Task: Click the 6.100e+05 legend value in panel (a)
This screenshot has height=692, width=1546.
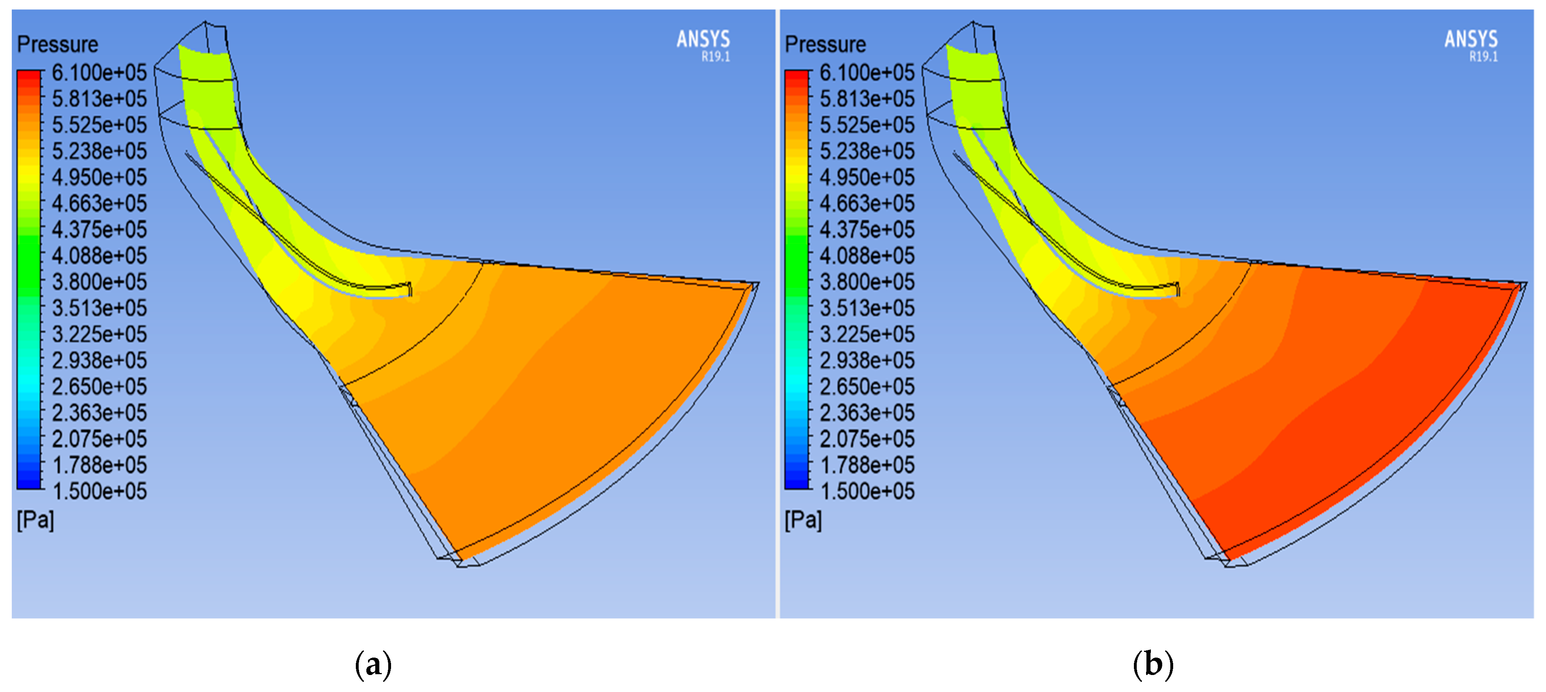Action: (x=99, y=72)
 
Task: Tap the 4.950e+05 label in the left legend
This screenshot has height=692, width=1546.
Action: (x=99, y=178)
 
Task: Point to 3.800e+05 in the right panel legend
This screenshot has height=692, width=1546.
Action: (x=867, y=282)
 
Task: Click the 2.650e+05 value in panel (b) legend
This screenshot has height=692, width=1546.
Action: (x=867, y=386)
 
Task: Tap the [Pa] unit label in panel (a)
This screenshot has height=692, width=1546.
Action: (x=35, y=520)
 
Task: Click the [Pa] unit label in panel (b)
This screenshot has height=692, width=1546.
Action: (x=804, y=520)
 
